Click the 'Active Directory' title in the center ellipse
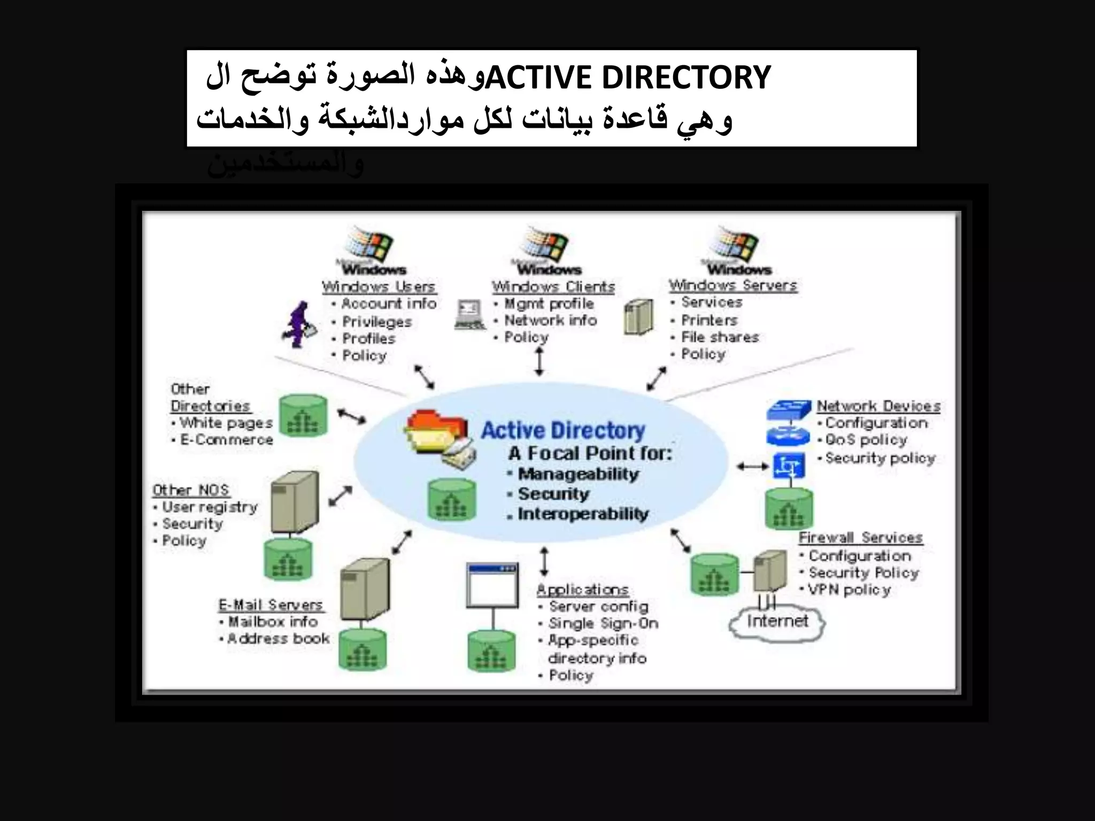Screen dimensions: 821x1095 pos(563,431)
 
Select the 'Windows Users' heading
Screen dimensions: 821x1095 pos(379,287)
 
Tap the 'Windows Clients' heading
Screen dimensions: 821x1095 pos(553,287)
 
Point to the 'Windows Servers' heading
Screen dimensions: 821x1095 pos(733,285)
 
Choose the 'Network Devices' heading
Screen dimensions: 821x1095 pos(878,406)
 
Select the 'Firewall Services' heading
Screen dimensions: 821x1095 pos(861,538)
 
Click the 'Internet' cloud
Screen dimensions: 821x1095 pos(777,622)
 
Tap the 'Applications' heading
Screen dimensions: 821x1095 pos(583,590)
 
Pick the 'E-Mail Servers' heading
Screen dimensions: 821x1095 pos(271,605)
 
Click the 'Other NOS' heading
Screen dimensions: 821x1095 pos(191,490)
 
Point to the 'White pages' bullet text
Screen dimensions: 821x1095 pos(226,423)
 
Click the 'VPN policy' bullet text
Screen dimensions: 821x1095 pos(850,590)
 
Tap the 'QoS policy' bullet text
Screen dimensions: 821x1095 pos(866,440)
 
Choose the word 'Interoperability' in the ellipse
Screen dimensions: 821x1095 pos(583,514)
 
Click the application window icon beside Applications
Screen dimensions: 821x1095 pos(492,585)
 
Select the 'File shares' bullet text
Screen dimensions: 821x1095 pos(720,337)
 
